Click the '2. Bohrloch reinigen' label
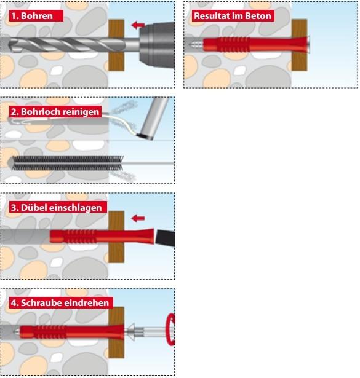tap(55, 112)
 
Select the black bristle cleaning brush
tap(62, 163)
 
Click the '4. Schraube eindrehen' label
tap(59, 303)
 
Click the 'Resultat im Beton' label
tap(233, 15)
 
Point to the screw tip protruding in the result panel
tap(196, 45)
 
